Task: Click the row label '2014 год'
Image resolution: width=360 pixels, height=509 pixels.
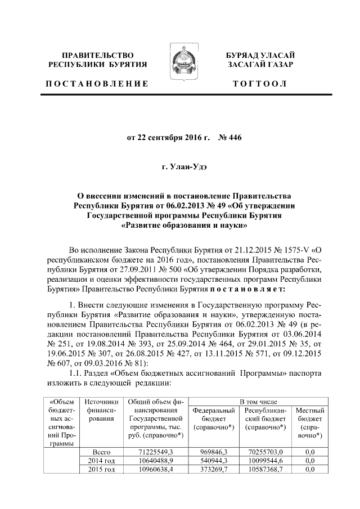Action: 101,461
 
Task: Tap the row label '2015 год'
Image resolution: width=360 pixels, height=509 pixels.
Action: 101,470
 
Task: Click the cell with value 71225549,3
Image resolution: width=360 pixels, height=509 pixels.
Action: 156,452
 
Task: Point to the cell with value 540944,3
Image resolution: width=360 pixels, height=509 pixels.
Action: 214,461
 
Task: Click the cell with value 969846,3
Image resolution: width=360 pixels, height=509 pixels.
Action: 214,452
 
